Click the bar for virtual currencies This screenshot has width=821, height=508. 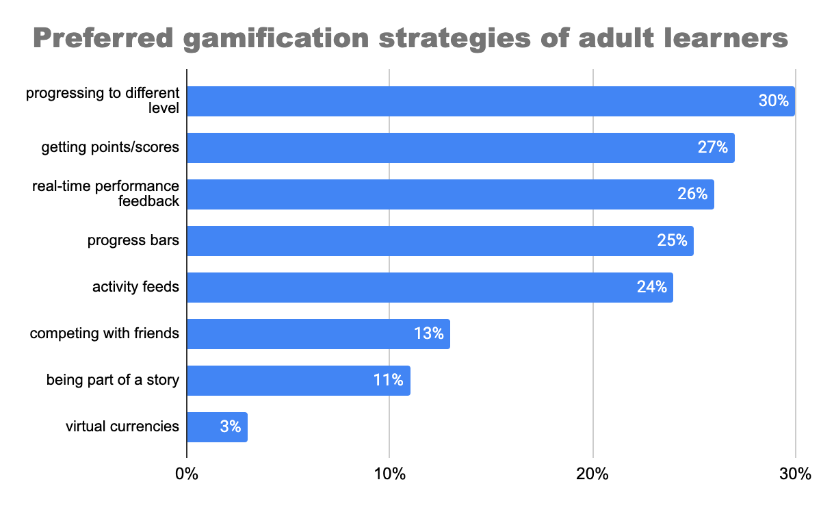(x=217, y=427)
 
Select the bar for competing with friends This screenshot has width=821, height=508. (x=318, y=334)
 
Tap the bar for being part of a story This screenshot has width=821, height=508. (x=298, y=381)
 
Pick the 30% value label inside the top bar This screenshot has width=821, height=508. (x=774, y=101)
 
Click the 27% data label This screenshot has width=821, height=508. (x=713, y=148)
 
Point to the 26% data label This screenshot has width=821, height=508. (x=692, y=194)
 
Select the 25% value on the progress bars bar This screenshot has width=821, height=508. (x=672, y=241)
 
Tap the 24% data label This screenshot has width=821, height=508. (x=652, y=288)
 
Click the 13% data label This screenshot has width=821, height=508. (x=429, y=334)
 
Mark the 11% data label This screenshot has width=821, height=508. (x=389, y=381)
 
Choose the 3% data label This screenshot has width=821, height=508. (x=231, y=427)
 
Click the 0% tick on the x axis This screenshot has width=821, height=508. (x=186, y=474)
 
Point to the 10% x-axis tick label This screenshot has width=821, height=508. (x=389, y=474)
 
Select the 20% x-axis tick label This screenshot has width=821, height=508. (x=592, y=474)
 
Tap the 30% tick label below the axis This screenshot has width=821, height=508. (x=795, y=474)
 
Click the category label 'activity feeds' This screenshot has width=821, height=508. (x=135, y=288)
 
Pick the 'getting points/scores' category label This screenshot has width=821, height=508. (x=110, y=148)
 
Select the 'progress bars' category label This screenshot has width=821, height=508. (x=133, y=241)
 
